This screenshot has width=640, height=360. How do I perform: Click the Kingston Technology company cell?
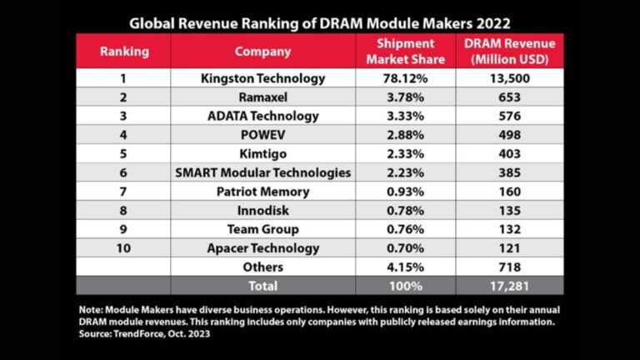pos(262,78)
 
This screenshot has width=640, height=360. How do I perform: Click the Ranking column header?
pos(124,51)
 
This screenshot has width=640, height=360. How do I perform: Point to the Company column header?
pos(262,51)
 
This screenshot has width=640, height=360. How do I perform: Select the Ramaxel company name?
pos(262,97)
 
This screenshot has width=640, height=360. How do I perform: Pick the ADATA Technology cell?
pos(262,116)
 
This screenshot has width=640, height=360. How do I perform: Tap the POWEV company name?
pos(262,135)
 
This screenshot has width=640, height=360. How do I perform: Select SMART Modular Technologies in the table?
pos(262,172)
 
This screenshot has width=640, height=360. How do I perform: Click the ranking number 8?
pos(124,211)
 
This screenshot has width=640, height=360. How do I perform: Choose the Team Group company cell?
pos(262,229)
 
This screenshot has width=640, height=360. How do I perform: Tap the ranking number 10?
pos(124,248)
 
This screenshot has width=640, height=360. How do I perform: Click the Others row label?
pos(262,267)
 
